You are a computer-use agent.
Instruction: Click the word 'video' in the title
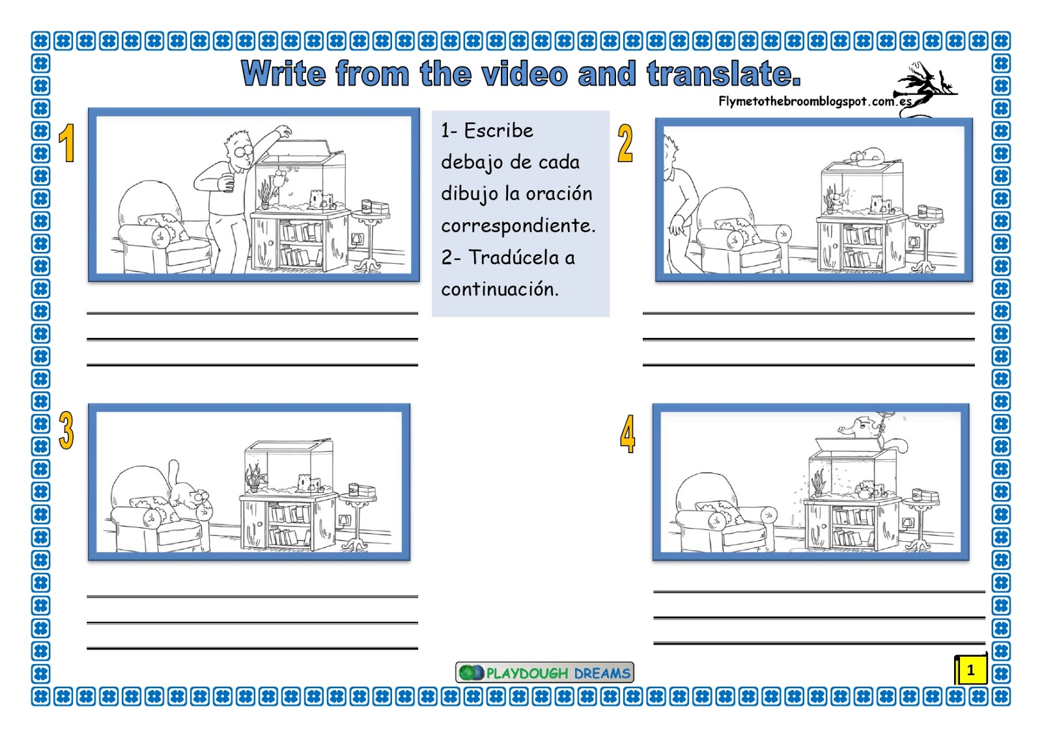point(524,73)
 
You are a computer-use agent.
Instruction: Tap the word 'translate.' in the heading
point(724,73)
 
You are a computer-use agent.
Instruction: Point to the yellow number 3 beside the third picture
point(66,430)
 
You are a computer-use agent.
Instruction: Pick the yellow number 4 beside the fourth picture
point(628,434)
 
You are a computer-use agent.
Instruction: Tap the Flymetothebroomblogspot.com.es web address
point(815,102)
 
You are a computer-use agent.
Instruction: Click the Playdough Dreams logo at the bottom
point(544,673)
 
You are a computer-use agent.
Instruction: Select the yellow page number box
point(971,669)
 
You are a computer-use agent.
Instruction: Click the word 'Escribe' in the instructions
point(499,131)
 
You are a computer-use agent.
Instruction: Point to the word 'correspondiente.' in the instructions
point(518,226)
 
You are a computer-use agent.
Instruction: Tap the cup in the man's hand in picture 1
point(228,182)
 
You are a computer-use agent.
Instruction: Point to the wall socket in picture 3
point(344,520)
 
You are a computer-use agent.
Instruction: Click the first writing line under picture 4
point(819,591)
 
